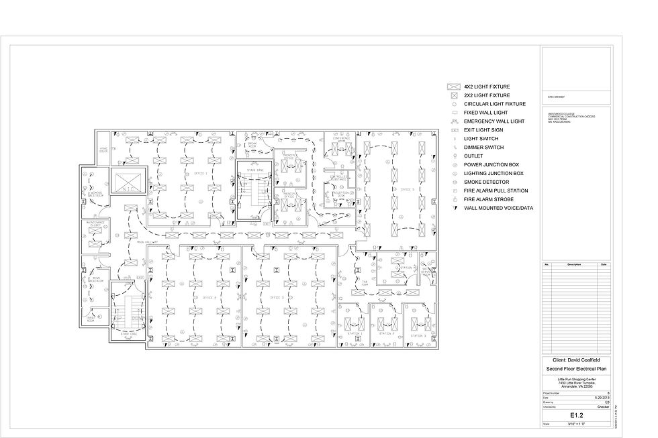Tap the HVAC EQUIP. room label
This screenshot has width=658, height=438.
tap(103, 150)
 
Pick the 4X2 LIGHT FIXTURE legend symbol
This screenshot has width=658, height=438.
tap(453, 87)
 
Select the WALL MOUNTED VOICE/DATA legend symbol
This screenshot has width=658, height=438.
tap(453, 209)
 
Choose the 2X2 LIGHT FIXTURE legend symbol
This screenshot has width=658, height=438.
tap(453, 96)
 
